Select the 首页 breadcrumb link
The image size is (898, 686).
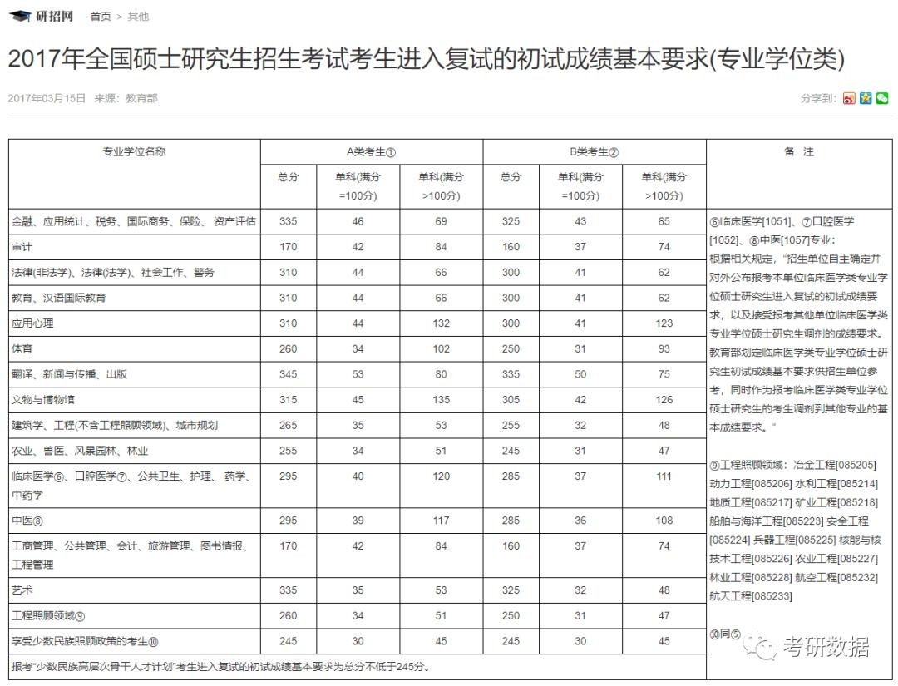(x=100, y=17)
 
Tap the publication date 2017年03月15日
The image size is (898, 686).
(x=47, y=98)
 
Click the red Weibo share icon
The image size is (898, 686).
(x=849, y=98)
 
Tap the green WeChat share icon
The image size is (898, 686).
(x=882, y=98)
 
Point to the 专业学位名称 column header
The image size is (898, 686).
(x=134, y=152)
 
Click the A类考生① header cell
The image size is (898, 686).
(x=371, y=152)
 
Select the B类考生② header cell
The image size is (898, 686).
(x=594, y=152)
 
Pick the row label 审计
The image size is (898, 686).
(x=22, y=247)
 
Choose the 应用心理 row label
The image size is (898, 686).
(x=32, y=323)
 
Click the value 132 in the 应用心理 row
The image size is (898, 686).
(x=441, y=323)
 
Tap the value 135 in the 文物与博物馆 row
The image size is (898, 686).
(x=441, y=400)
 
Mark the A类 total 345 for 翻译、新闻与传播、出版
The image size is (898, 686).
(x=288, y=374)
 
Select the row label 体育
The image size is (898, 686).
(x=22, y=349)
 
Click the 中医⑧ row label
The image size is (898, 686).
(x=27, y=521)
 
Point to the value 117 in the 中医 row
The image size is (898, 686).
(x=441, y=521)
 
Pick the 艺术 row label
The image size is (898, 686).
(x=22, y=590)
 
